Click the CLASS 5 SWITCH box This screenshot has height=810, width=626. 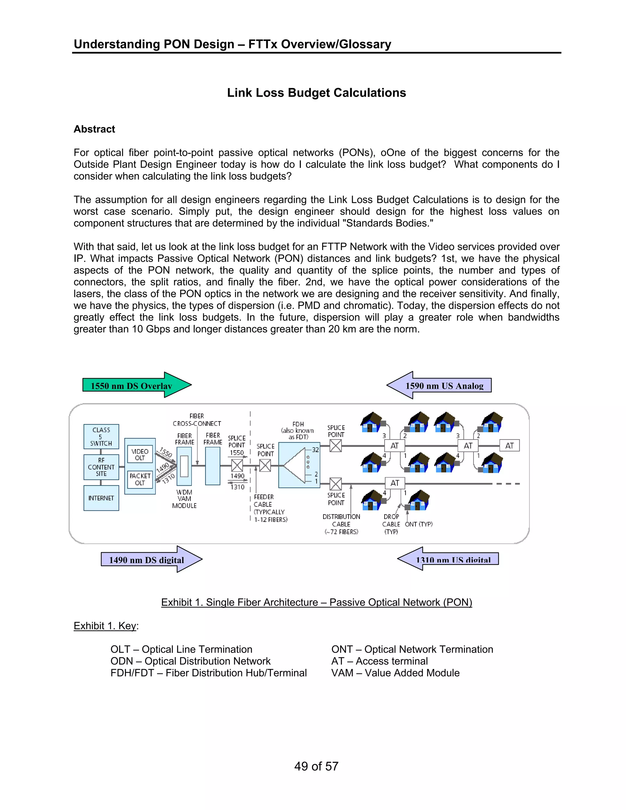click(101, 436)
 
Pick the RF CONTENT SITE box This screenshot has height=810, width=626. click(101, 467)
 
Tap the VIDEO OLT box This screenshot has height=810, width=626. click(140, 454)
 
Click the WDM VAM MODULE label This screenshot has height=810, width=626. click(184, 499)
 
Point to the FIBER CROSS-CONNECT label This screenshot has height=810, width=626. click(197, 420)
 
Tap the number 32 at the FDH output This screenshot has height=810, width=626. click(315, 450)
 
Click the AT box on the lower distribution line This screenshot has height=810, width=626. click(395, 483)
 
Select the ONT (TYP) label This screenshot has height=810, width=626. click(419, 524)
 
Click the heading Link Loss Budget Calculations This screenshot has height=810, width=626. click(316, 93)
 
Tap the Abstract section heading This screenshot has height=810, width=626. click(94, 129)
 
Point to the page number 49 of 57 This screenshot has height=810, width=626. click(316, 766)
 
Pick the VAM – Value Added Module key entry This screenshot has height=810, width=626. click(395, 673)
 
